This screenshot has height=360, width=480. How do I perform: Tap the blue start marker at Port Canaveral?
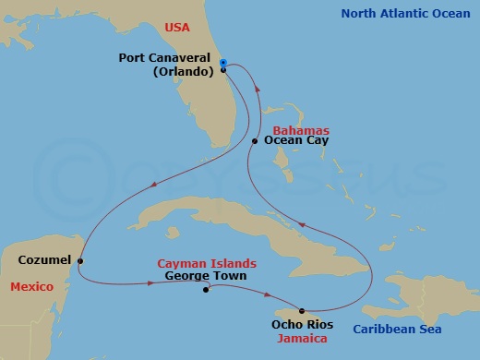pos(224,62)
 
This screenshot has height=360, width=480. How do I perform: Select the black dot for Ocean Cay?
pos(255,141)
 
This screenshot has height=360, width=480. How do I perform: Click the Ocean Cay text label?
pos(296,141)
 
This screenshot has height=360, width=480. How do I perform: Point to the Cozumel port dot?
pos(81,260)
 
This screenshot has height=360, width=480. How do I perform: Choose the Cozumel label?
pos(44,260)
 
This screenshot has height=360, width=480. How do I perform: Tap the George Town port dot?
pos(206,289)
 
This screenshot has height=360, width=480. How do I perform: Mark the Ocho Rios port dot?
pos(302,310)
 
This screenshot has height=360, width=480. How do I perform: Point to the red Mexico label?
pos(30,287)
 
